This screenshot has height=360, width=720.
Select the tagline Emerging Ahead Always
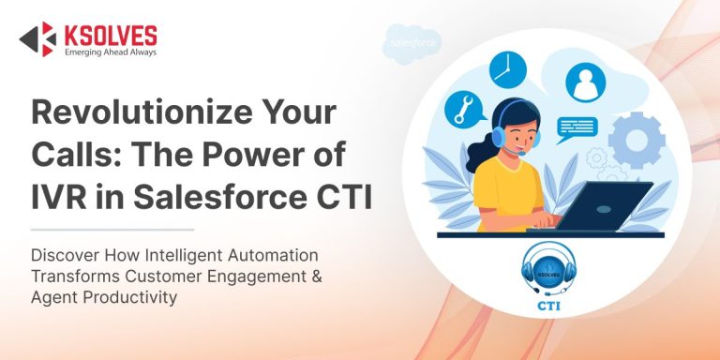pos(109,52)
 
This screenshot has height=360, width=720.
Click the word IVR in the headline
pos(61,198)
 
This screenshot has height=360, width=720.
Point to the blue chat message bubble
pos(577,127)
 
